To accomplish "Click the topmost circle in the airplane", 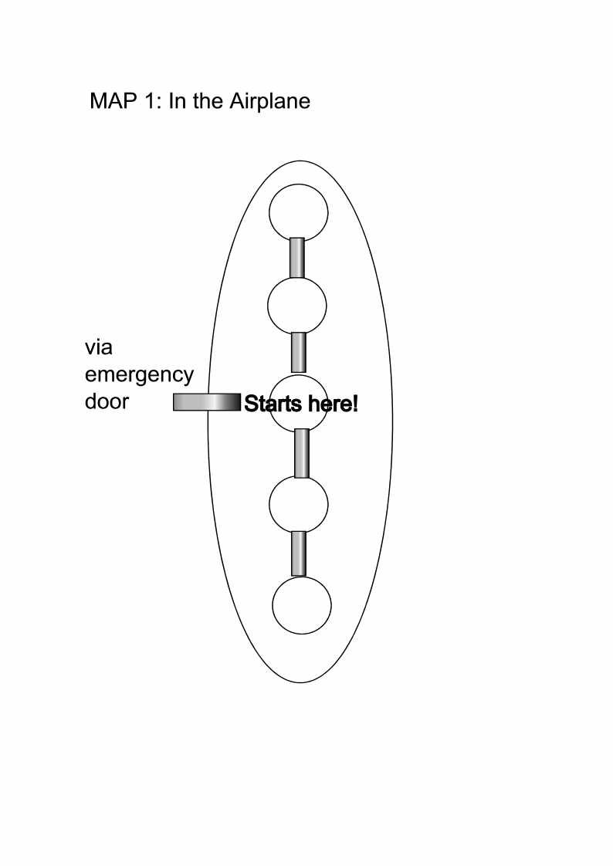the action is (x=298, y=212).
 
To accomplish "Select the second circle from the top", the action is (x=297, y=306).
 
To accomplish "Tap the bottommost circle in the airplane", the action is (x=302, y=605).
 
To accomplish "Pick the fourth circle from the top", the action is (x=298, y=504).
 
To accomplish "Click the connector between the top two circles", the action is (x=297, y=257).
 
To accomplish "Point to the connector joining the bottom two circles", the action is (x=299, y=553).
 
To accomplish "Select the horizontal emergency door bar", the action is (x=207, y=402).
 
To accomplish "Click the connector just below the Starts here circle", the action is (x=302, y=453).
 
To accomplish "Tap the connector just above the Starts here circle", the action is (x=298, y=352).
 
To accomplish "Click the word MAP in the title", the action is (x=113, y=101).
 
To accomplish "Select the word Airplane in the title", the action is (x=269, y=102).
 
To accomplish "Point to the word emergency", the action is (x=139, y=376).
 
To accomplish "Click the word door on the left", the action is (x=107, y=401).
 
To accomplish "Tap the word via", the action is (x=98, y=347).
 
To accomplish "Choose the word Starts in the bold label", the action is (x=273, y=404).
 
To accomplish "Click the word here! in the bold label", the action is (x=333, y=404).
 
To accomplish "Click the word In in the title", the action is (x=176, y=101).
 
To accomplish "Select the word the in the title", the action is (x=208, y=101).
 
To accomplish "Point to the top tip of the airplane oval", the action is (x=300, y=161).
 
